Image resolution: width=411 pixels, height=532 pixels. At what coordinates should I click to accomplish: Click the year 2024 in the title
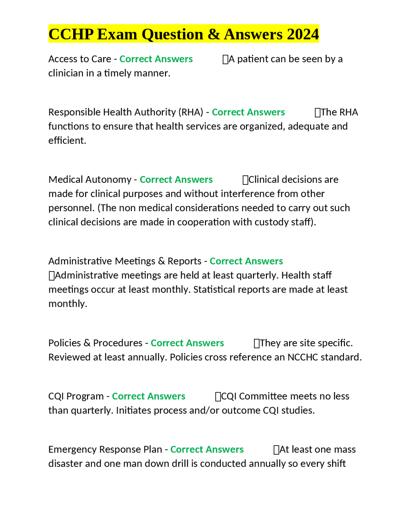tap(303, 34)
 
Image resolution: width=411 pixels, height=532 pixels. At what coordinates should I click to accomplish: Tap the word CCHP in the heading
tap(71, 34)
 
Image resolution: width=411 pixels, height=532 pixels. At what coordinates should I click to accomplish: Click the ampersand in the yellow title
tap(214, 34)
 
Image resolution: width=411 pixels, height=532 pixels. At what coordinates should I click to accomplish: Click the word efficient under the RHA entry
tap(67, 140)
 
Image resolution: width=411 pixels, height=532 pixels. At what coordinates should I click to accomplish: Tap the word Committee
tap(273, 396)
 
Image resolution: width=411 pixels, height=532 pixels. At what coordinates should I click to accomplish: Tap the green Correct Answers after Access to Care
tap(156, 59)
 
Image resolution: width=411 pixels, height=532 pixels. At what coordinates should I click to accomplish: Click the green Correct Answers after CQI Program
tap(148, 396)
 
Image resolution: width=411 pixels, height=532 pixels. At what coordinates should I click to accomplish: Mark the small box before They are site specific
tap(257, 343)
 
